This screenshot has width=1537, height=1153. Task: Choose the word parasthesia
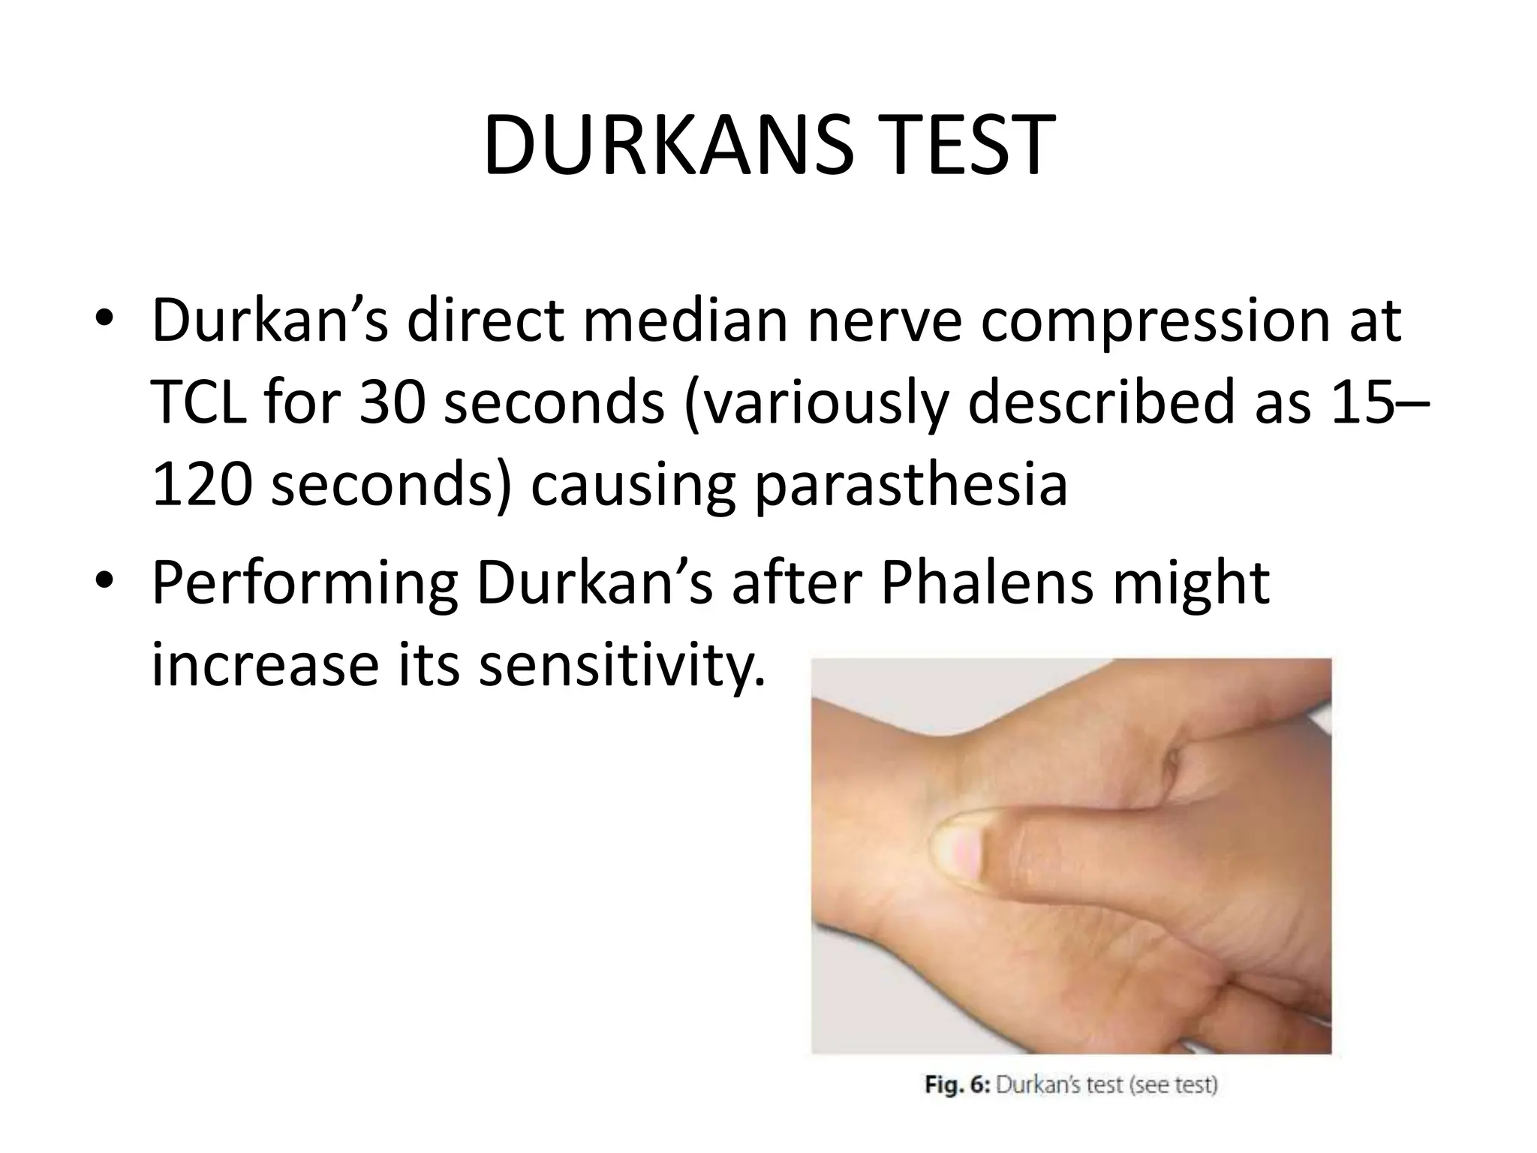click(x=910, y=485)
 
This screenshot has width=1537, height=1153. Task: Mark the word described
click(x=1138, y=403)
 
